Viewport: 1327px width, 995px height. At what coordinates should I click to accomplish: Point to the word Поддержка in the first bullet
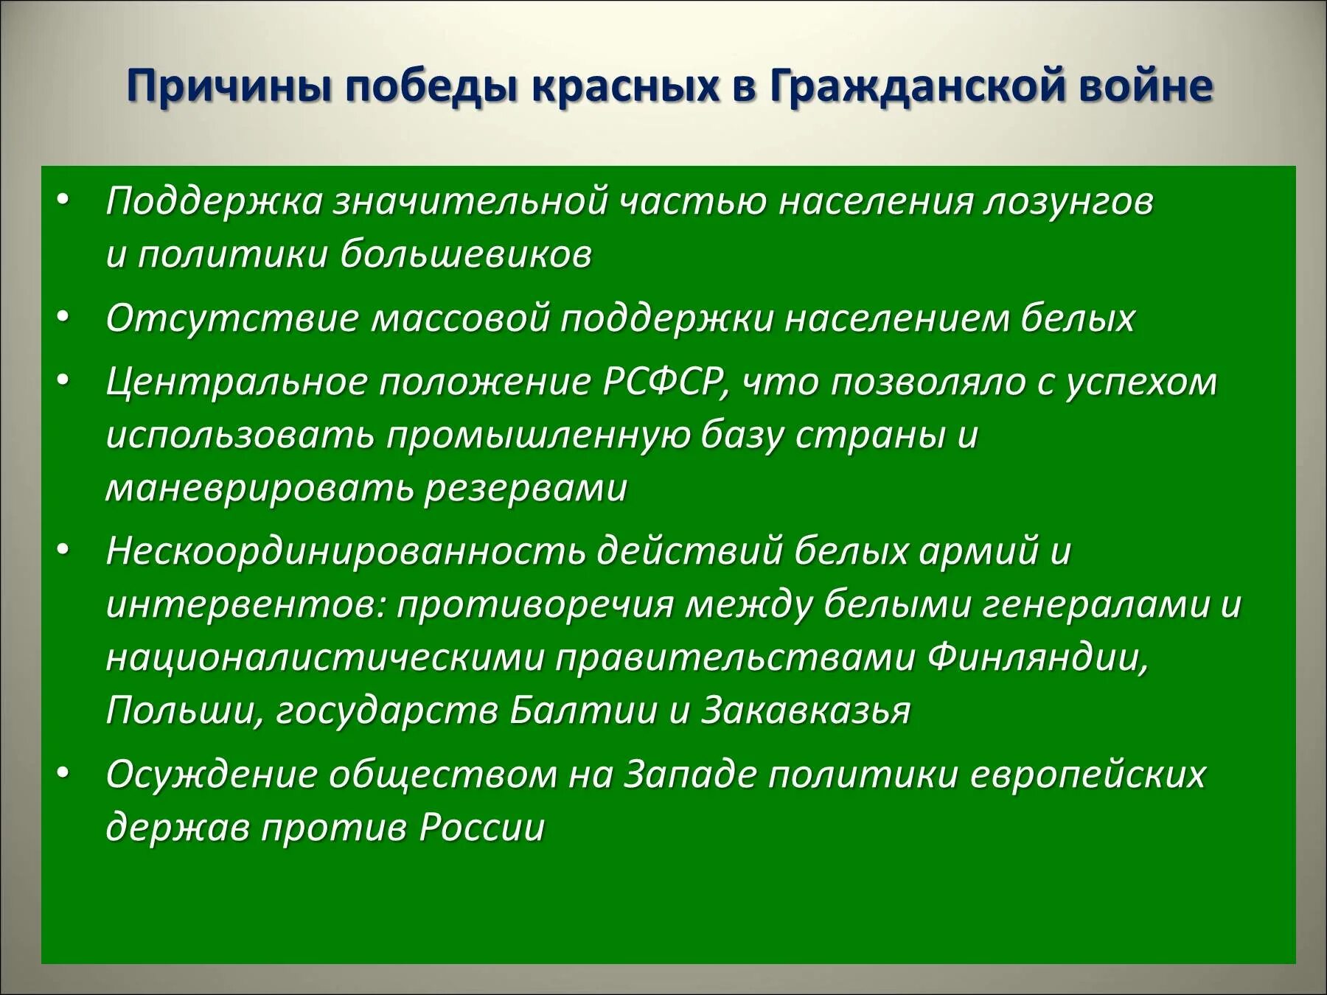pyautogui.click(x=215, y=202)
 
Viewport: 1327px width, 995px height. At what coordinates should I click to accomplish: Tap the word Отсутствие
pyautogui.click(x=233, y=318)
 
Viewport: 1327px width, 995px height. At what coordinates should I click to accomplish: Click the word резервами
pyautogui.click(x=524, y=488)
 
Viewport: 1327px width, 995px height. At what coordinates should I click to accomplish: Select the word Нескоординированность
pyautogui.click(x=346, y=551)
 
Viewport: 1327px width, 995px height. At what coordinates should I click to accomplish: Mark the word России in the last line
pyautogui.click(x=481, y=828)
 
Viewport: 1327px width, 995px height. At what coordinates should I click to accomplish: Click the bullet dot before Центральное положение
pyautogui.click(x=64, y=383)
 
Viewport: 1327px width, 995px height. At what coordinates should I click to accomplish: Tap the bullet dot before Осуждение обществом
pyautogui.click(x=64, y=775)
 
